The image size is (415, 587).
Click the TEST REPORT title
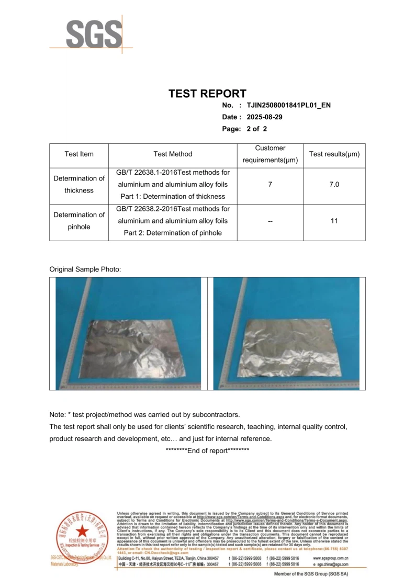(x=207, y=94)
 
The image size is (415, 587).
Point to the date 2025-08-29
(x=264, y=117)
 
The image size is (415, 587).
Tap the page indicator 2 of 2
(x=256, y=129)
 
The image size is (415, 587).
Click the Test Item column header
(x=79, y=154)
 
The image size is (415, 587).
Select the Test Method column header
(x=173, y=154)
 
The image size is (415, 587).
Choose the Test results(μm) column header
(x=334, y=154)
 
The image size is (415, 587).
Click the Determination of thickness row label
(x=79, y=184)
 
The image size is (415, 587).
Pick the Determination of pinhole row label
(x=79, y=221)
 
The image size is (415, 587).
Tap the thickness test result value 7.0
(x=334, y=185)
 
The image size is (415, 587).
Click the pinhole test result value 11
(x=334, y=221)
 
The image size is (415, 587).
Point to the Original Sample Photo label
(x=85, y=269)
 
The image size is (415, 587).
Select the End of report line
(x=207, y=451)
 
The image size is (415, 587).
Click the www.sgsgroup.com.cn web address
(x=330, y=559)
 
